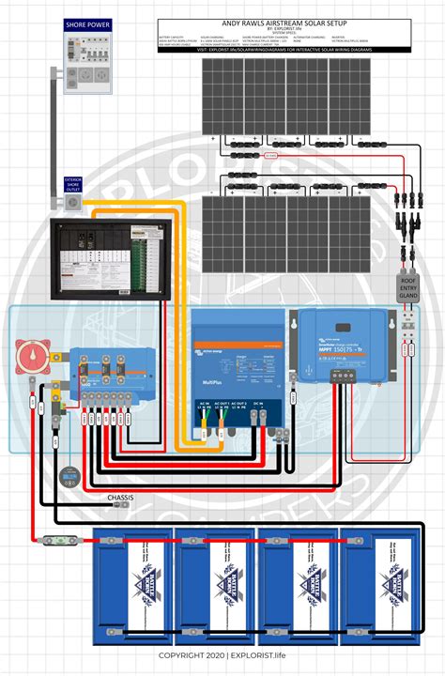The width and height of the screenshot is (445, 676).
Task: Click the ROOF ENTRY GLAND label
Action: (x=409, y=286)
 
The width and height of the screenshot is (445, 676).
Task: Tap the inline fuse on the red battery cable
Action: (x=56, y=539)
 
